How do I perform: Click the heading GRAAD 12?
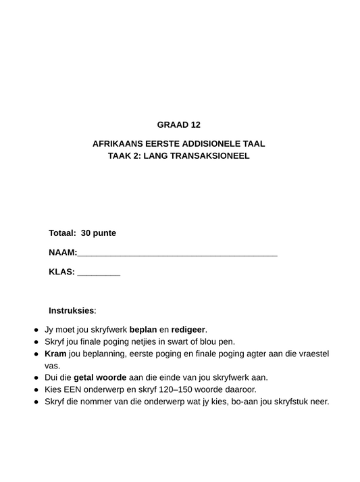tap(179, 125)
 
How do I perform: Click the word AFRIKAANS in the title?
tap(119, 144)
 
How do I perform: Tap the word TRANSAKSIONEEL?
tap(211, 155)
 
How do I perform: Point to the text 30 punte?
tap(99, 233)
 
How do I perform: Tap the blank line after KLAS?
tap(99, 274)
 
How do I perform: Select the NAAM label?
tap(62, 253)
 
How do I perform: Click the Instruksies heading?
tap(72, 310)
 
